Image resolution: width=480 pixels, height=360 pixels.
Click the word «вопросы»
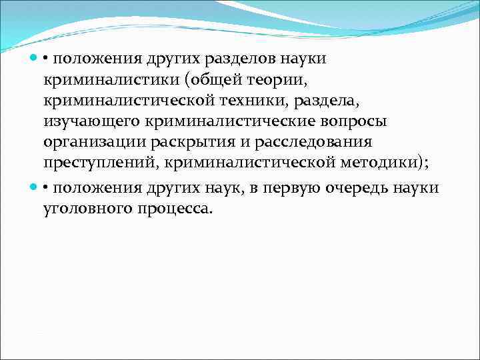(x=333, y=123)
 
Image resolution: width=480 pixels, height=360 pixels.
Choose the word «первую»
(x=289, y=187)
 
